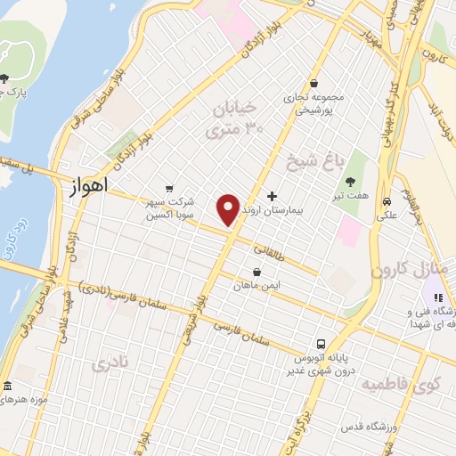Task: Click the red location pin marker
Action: tap(228, 209)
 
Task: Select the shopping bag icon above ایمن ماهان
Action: tap(257, 273)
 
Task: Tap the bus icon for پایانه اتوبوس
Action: tap(318, 344)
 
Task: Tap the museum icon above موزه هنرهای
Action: tap(8, 386)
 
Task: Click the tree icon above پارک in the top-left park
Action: tap(6, 78)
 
